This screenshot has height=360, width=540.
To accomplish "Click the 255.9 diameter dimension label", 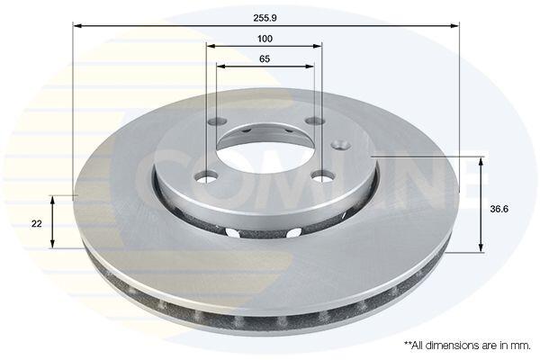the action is [x=265, y=18].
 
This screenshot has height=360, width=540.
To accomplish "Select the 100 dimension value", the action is [x=265, y=39].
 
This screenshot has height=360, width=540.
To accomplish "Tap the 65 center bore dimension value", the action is [x=265, y=58].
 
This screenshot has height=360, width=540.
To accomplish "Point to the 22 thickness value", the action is [x=37, y=223].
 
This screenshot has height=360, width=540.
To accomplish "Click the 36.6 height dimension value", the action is [x=499, y=209].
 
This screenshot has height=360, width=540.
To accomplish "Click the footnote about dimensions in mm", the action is [x=467, y=346].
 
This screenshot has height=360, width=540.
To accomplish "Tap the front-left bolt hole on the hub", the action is [x=207, y=177].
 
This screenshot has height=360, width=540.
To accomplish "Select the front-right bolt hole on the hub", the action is [x=323, y=176].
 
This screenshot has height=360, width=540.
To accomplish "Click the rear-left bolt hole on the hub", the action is [x=218, y=121].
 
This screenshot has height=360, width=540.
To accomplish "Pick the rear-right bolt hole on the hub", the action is [x=316, y=121].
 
